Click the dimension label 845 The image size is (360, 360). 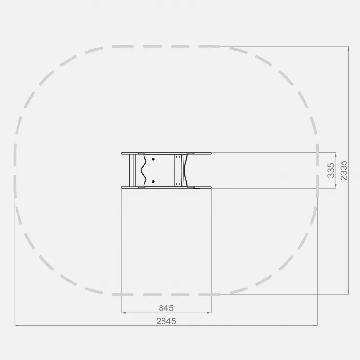point(166,308)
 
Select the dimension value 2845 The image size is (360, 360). point(166,321)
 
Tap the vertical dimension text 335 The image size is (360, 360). point(331,170)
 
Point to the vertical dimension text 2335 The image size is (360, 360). point(343,170)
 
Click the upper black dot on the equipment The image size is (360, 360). point(153,159)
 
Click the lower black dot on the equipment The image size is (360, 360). point(153,182)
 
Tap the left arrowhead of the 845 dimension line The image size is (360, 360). point(123,313)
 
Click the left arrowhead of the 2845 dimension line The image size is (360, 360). point(17,325)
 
